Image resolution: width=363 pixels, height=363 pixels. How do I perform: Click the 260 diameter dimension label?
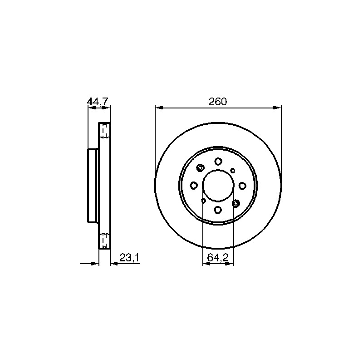(x=218, y=102)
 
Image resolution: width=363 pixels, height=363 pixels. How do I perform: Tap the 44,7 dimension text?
(x=98, y=102)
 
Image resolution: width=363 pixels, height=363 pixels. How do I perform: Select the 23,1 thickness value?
(x=129, y=258)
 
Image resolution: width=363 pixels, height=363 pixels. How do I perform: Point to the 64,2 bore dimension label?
(x=218, y=258)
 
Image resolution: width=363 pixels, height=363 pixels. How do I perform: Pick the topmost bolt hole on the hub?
(x=218, y=161)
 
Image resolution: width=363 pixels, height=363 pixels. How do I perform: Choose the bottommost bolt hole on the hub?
(x=218, y=210)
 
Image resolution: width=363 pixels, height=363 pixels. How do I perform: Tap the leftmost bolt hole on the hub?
(x=194, y=185)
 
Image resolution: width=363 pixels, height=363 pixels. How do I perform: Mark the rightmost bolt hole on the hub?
(x=242, y=186)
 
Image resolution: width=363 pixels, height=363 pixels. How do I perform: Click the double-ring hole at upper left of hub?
(x=200, y=168)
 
